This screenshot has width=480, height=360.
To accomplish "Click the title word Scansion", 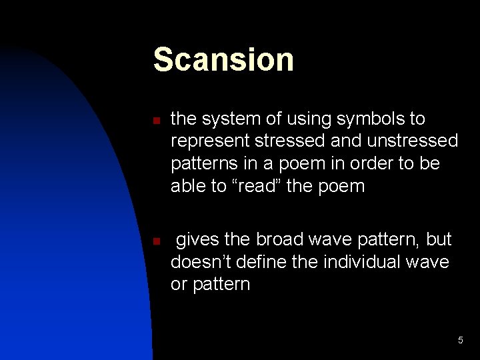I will pos(223,59).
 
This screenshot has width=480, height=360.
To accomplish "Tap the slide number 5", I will pos(460,341).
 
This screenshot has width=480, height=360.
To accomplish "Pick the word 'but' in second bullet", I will pos(437,239).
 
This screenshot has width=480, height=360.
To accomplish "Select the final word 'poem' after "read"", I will pos(341,186).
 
